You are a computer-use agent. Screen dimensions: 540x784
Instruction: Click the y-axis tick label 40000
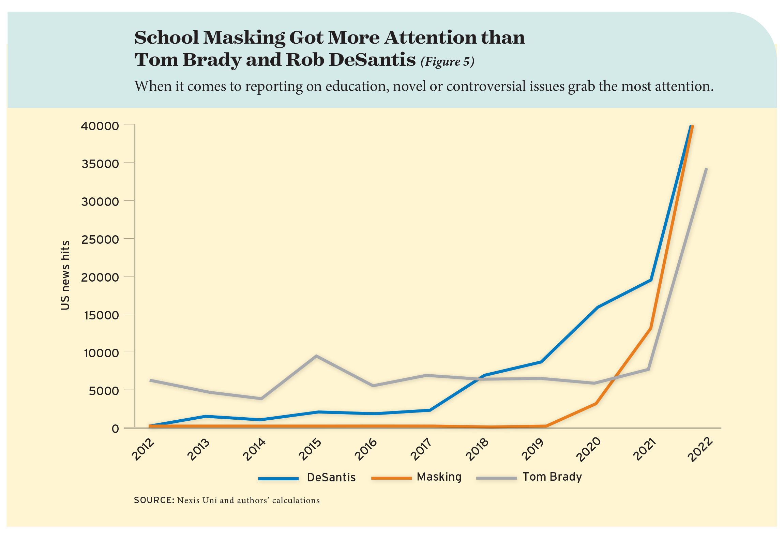pos(100,126)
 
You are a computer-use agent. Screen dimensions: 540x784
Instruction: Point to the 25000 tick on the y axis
pos(100,239)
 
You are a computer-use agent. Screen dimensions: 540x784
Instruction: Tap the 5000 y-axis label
pos(104,391)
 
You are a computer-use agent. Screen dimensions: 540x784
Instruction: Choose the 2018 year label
pos(477,449)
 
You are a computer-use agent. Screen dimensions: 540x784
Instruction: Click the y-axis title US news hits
pos(65,275)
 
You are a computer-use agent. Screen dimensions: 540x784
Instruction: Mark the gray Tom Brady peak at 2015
pos(316,356)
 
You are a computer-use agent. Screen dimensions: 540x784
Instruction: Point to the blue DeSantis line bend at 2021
pos(651,280)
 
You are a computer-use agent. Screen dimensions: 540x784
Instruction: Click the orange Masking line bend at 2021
pos(651,329)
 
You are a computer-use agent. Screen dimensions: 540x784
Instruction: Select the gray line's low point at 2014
pos(261,398)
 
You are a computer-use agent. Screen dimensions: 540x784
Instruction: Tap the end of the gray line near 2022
pos(706,168)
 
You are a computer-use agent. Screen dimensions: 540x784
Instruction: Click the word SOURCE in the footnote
pos(153,500)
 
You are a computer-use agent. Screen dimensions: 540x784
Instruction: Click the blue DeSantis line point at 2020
pos(597,307)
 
